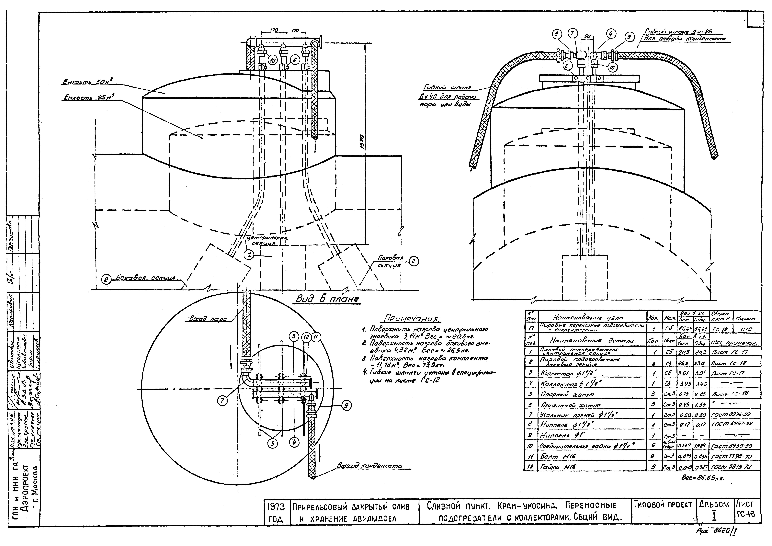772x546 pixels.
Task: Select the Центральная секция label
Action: click(267, 240)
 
